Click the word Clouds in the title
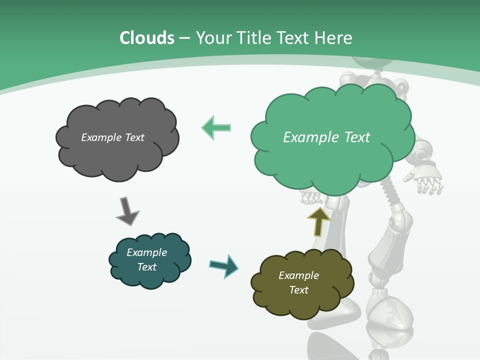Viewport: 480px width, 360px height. pyautogui.click(x=147, y=38)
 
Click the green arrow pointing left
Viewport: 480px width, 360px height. pyautogui.click(x=216, y=127)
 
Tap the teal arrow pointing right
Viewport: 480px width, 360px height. pyautogui.click(x=224, y=265)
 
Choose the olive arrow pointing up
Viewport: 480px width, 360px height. pyautogui.click(x=318, y=221)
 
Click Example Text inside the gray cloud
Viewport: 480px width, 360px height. pyautogui.click(x=112, y=137)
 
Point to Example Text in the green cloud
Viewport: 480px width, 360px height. pyautogui.click(x=326, y=137)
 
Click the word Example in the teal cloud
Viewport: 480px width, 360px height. pyautogui.click(x=146, y=252)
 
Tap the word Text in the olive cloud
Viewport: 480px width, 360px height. pyautogui.click(x=299, y=290)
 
